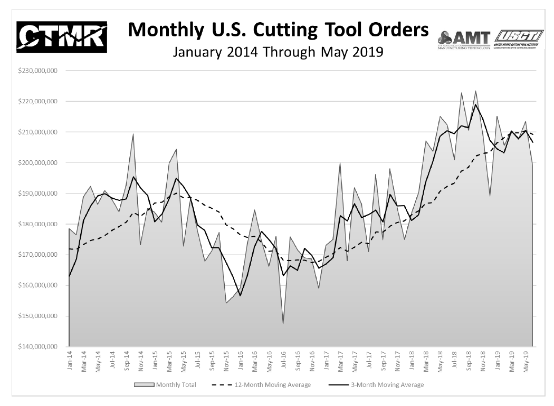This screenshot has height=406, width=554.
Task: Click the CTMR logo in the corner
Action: pos(62,38)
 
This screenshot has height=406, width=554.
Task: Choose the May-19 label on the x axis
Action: pos(525,362)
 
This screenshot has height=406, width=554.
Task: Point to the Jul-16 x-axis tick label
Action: pos(283,362)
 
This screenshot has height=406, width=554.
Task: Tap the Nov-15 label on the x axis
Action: pos(226,362)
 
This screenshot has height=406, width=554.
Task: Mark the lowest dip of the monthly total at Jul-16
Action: pos(283,324)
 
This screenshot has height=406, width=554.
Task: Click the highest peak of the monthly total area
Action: pos(475,91)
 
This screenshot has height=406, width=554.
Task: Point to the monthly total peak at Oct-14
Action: pos(133,134)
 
